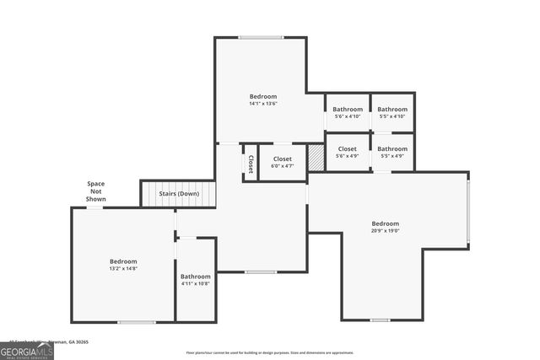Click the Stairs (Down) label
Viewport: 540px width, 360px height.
179,194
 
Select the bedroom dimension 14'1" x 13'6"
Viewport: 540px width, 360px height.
263,104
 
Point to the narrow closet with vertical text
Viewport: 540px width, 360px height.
251,163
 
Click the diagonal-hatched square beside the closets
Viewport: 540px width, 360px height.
316,158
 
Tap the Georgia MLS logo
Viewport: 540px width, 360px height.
27,350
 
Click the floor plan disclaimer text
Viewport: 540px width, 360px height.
270,352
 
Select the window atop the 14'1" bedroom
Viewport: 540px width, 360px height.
261,37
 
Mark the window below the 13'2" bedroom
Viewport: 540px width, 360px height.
136,321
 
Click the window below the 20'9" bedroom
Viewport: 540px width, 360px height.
380,320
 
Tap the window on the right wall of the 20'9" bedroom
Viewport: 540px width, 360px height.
468,210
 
